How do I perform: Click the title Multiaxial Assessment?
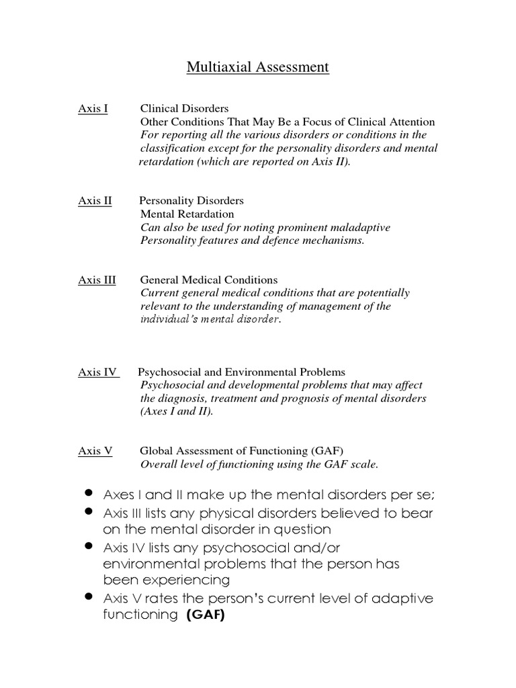click(x=257, y=67)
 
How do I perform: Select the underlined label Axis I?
click(x=93, y=108)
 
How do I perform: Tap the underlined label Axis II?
click(x=95, y=200)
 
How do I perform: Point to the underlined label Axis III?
click(x=97, y=279)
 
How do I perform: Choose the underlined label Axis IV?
click(x=99, y=372)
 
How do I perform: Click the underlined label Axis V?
click(x=95, y=451)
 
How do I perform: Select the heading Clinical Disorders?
click(x=184, y=108)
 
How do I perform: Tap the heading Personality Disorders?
click(x=191, y=200)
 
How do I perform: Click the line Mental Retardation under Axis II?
click(x=187, y=214)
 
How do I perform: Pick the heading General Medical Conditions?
click(x=208, y=279)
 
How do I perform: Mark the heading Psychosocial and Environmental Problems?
click(x=241, y=372)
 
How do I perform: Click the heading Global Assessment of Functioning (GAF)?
click(x=246, y=451)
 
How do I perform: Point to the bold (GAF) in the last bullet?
click(x=205, y=615)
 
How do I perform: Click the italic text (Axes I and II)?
click(x=177, y=411)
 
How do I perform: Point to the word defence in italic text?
click(x=264, y=241)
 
